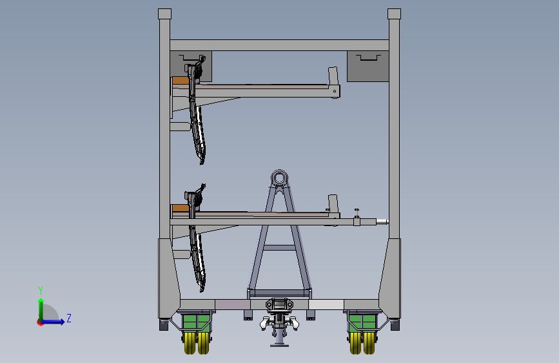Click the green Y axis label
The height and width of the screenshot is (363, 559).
pyautogui.click(x=41, y=290)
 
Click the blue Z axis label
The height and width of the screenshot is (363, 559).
pyautogui.click(x=69, y=318)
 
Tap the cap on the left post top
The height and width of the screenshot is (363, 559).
pyautogui.click(x=164, y=14)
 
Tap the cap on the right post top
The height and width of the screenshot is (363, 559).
pyautogui.click(x=395, y=14)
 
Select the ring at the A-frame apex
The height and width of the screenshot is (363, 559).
pyautogui.click(x=280, y=178)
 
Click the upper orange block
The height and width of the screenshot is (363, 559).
pyautogui.click(x=181, y=80)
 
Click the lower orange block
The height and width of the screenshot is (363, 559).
pyautogui.click(x=181, y=208)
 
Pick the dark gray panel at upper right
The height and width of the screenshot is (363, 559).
pyautogui.click(x=368, y=67)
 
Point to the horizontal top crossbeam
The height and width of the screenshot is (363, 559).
pyautogui.click(x=280, y=45)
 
